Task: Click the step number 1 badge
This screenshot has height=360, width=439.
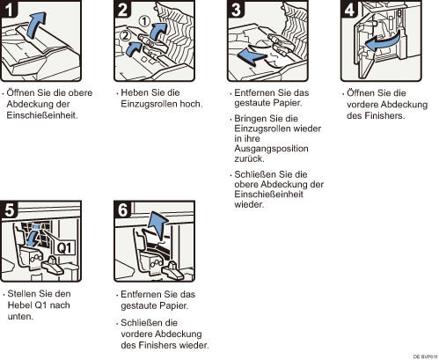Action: (9, 9)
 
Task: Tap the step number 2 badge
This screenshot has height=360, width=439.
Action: (122, 9)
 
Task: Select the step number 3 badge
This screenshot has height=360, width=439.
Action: (236, 9)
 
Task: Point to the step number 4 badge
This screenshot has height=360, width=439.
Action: (349, 9)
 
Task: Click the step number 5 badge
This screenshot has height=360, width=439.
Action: (9, 209)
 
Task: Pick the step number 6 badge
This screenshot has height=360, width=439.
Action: (122, 209)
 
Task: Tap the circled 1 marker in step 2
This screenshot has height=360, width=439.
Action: (144, 21)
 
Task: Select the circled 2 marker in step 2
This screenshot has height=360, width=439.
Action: (126, 36)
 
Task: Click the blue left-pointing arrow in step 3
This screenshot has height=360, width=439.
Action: (252, 56)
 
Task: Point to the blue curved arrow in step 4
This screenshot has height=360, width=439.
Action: (383, 41)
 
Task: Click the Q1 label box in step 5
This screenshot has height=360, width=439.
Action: (64, 248)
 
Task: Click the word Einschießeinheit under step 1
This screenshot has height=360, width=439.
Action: (42, 115)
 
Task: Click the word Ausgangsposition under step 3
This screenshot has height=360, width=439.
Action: (271, 149)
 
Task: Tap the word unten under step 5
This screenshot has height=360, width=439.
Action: (20, 317)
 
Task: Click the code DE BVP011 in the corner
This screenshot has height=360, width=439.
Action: (425, 356)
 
